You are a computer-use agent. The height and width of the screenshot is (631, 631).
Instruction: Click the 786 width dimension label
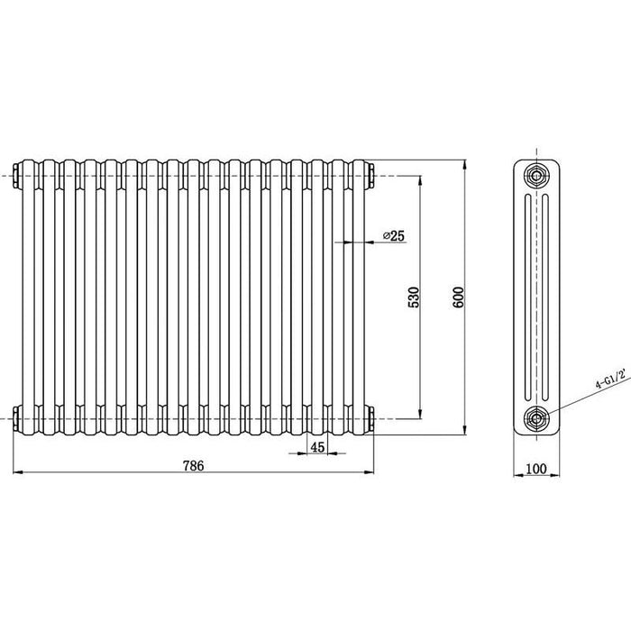click(194, 466)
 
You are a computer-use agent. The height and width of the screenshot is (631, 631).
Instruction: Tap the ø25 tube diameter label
click(394, 235)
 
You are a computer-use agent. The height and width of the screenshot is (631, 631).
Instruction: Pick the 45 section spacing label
click(317, 447)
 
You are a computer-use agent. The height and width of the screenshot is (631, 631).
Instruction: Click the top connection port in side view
click(537, 173)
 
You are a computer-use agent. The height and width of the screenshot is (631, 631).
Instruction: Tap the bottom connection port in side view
click(537, 417)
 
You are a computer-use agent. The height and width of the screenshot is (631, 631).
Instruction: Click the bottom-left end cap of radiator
click(19, 417)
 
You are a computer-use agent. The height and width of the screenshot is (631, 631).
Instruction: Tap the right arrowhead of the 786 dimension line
click(370, 472)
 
